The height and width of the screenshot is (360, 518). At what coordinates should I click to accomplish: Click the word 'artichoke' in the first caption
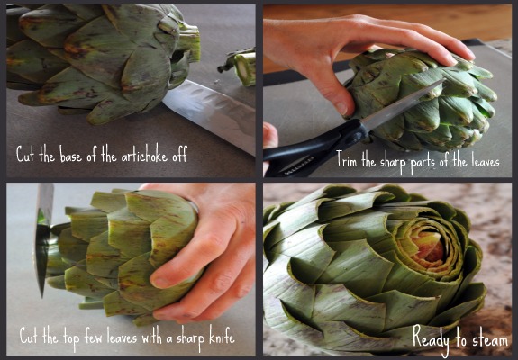pyautogui.click(x=144, y=154)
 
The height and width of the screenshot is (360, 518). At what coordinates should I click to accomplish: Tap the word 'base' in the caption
pyautogui.click(x=70, y=155)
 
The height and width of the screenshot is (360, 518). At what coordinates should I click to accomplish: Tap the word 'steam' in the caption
pyautogui.click(x=490, y=339)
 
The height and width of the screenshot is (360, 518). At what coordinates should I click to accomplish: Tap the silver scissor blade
pyautogui.click(x=403, y=104)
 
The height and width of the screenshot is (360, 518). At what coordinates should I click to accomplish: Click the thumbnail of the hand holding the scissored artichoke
pyautogui.click(x=341, y=108)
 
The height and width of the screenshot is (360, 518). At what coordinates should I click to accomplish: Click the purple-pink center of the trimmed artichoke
pyautogui.click(x=429, y=248)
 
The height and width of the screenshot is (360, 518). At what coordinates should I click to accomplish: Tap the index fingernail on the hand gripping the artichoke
pyautogui.click(x=162, y=282)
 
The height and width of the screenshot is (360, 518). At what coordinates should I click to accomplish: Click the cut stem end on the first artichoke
pyautogui.click(x=189, y=42)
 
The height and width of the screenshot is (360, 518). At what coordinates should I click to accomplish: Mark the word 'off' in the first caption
pyautogui.click(x=179, y=153)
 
